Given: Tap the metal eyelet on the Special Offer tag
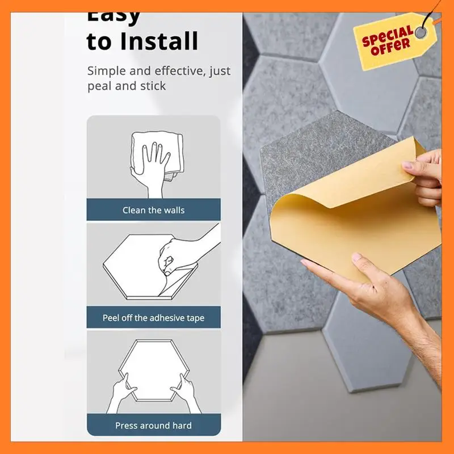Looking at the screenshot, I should point(421,32).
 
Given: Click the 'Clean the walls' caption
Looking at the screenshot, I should point(153,210).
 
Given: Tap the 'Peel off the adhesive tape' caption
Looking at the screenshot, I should point(153,318).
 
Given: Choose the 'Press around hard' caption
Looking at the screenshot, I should point(153,425).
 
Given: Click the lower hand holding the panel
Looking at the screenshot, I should point(363,284).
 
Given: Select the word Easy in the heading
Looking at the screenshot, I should point(113,15).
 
